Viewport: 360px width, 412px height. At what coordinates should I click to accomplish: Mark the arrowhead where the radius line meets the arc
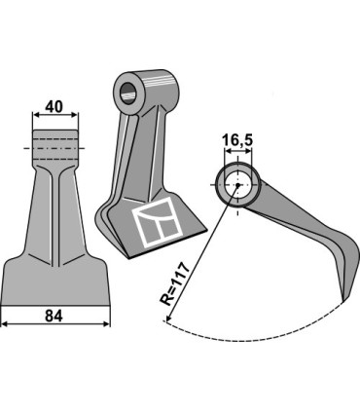click(164, 326)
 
